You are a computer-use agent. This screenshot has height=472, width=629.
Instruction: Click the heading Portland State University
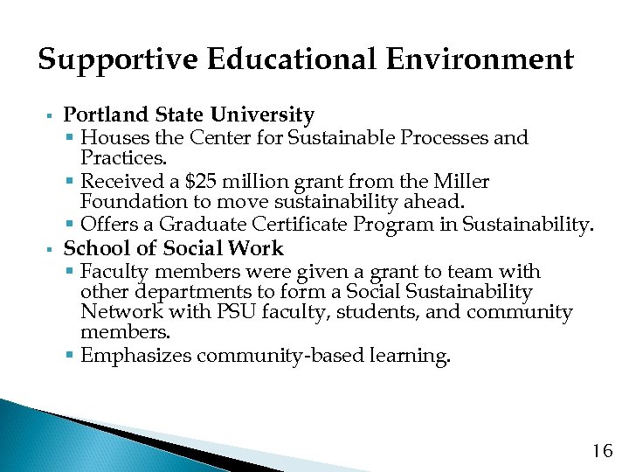point(189,115)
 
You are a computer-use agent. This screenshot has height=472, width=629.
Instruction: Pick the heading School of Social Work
point(173,248)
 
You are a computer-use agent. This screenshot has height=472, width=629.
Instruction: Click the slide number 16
point(602,451)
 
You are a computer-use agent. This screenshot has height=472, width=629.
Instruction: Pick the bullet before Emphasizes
point(70,356)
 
